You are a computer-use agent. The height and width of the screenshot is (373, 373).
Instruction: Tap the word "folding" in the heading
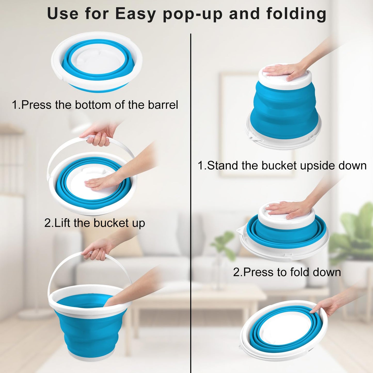click(x=296, y=14)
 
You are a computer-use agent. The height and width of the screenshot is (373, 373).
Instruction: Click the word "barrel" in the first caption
click(x=163, y=105)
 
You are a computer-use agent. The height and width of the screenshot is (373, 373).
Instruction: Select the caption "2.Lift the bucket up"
click(x=94, y=223)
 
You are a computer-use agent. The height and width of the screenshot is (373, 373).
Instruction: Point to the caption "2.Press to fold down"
click(x=287, y=272)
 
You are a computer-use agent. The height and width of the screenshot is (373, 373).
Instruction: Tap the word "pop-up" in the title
click(x=193, y=14)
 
